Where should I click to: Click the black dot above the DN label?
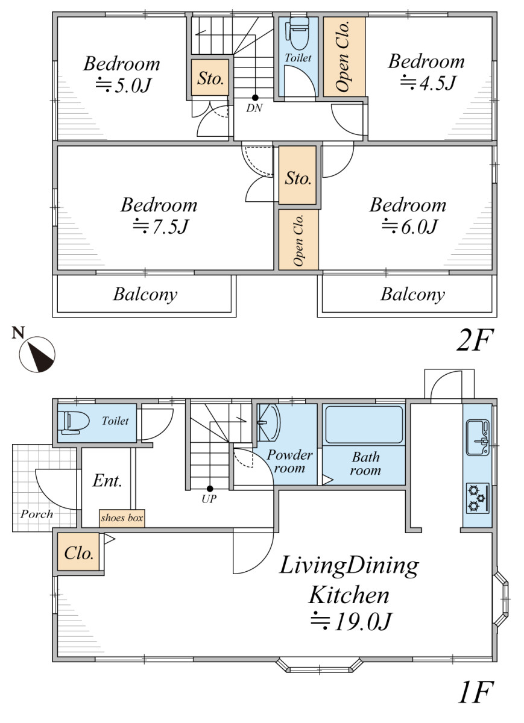(255, 98)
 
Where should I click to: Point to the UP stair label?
(209, 499)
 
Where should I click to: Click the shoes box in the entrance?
(122, 518)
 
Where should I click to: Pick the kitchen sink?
(478, 437)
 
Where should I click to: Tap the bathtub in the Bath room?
(364, 424)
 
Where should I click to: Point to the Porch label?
(37, 514)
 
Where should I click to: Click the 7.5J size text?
(161, 227)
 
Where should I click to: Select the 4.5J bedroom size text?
(428, 83)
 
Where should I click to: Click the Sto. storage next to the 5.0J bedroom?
(210, 78)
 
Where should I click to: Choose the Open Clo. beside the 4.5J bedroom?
(344, 57)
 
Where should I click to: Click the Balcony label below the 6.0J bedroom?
(412, 295)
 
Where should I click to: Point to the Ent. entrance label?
(107, 481)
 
